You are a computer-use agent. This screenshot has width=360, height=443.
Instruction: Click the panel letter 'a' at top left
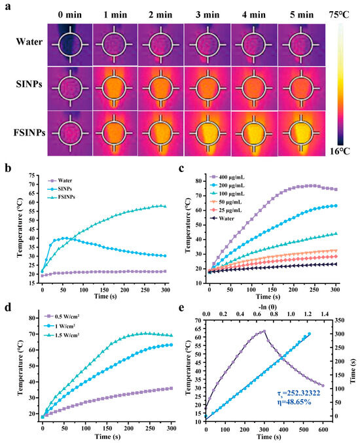tap(8, 7)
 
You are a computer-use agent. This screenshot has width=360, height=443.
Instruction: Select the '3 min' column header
tap(207, 14)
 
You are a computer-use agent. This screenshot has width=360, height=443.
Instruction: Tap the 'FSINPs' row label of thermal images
tap(29, 132)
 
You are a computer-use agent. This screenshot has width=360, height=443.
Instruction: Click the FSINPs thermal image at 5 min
tap(302, 133)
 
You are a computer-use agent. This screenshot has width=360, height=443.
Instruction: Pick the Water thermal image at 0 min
tap(70, 44)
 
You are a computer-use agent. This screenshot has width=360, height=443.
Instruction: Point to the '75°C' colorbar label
tap(339, 14)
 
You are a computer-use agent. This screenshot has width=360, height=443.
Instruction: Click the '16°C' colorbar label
tap(340, 151)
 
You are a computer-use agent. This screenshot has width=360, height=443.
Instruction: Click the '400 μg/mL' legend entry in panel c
tap(227, 177)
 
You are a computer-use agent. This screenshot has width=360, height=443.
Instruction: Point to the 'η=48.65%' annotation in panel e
tap(294, 402)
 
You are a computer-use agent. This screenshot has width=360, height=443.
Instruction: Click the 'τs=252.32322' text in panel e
tap(298, 393)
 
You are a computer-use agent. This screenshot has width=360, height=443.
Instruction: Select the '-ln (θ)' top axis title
tap(268, 307)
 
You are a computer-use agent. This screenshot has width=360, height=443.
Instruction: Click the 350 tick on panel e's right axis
tap(339, 320)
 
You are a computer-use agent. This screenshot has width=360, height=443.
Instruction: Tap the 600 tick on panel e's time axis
tap(323, 430)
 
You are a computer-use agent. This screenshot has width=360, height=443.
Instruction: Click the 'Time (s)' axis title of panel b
tap(105, 296)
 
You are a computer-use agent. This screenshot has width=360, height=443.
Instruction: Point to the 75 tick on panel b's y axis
tap(31, 175)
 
